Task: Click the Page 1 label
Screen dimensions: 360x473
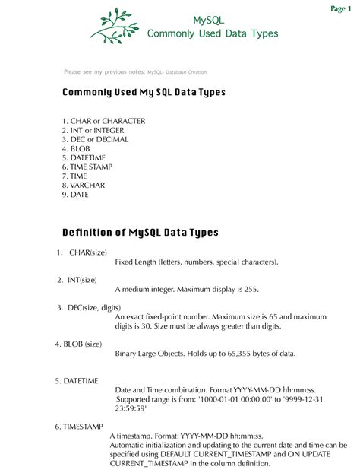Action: pos(339,8)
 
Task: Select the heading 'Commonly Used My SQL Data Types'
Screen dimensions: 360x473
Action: pos(144,92)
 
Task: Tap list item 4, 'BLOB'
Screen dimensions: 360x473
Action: pos(77,148)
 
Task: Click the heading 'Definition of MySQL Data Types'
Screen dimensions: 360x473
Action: pos(140,231)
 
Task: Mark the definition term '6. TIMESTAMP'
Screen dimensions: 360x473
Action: pos(78,427)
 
